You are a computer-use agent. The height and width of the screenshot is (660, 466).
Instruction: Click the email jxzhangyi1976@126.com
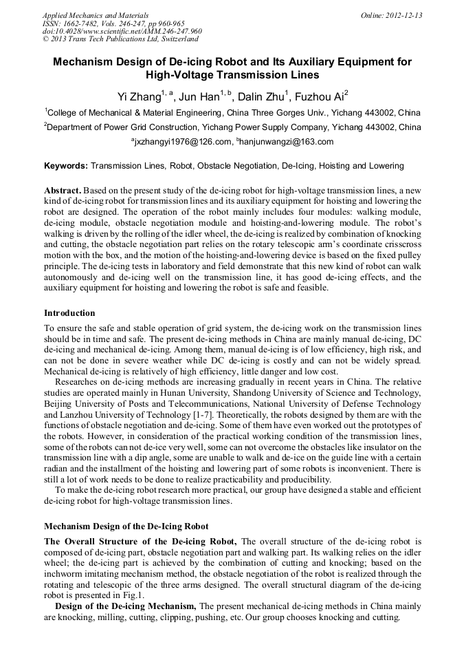pos(181,142)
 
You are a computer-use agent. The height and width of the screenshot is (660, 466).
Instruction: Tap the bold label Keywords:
pos(66,166)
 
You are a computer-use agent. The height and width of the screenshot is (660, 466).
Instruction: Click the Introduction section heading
pos(69,313)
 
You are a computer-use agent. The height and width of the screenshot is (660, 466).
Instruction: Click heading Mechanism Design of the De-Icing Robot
pos(126,526)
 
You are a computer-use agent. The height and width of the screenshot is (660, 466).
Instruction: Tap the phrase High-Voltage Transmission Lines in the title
pos(232,75)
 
